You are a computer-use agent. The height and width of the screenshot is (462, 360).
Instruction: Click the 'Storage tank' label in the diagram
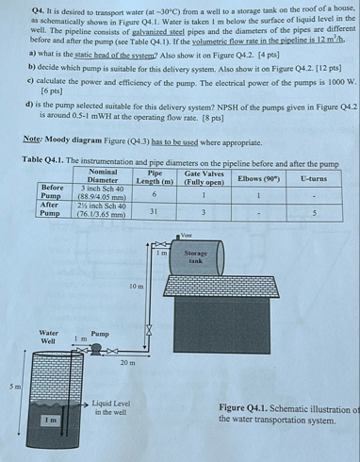click(196, 256)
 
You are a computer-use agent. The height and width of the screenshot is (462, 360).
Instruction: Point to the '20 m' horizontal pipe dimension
click(129, 362)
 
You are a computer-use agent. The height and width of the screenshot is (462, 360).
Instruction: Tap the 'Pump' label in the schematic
click(100, 333)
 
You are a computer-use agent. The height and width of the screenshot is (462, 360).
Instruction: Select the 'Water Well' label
click(48, 338)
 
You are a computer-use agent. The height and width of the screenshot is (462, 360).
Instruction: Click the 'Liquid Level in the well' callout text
click(110, 408)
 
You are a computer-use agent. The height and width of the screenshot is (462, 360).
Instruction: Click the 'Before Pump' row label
click(51, 192)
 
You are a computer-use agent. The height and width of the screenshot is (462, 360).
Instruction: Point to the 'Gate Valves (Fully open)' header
click(205, 176)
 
